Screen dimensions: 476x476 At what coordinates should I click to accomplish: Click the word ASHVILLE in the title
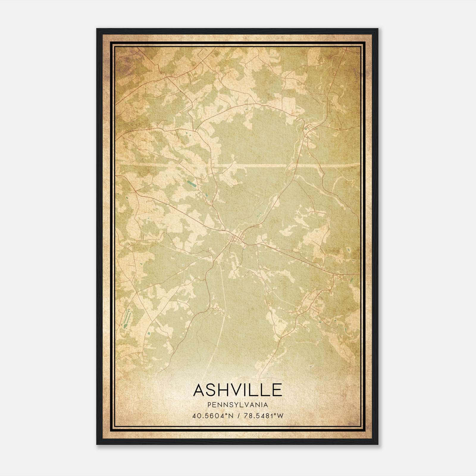[238, 390]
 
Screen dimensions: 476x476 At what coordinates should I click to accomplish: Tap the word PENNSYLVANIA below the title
[238, 405]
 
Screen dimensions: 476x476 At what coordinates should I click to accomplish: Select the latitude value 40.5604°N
[213, 416]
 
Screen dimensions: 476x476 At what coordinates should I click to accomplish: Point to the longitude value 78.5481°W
[264, 416]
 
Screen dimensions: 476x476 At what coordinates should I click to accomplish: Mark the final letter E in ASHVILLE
[277, 390]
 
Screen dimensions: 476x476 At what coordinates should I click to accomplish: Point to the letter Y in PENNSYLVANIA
[237, 405]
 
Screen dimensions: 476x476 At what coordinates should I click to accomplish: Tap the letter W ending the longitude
[280, 416]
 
